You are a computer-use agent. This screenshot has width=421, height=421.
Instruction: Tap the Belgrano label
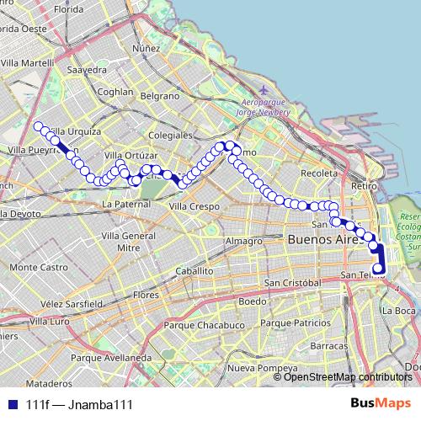tap(159, 97)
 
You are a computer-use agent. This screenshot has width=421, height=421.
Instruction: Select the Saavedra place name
tap(88, 70)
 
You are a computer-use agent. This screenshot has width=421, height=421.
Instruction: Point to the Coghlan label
tap(116, 92)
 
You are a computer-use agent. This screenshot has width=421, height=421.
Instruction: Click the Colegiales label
tap(169, 135)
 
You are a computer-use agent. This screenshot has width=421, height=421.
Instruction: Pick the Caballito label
tap(195, 271)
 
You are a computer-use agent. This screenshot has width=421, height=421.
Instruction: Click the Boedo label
tap(252, 301)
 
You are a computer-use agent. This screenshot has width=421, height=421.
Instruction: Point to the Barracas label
tap(328, 346)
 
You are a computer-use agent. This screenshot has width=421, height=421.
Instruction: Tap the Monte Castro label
tap(39, 267)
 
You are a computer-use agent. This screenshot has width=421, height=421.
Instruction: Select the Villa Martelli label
tap(28, 63)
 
